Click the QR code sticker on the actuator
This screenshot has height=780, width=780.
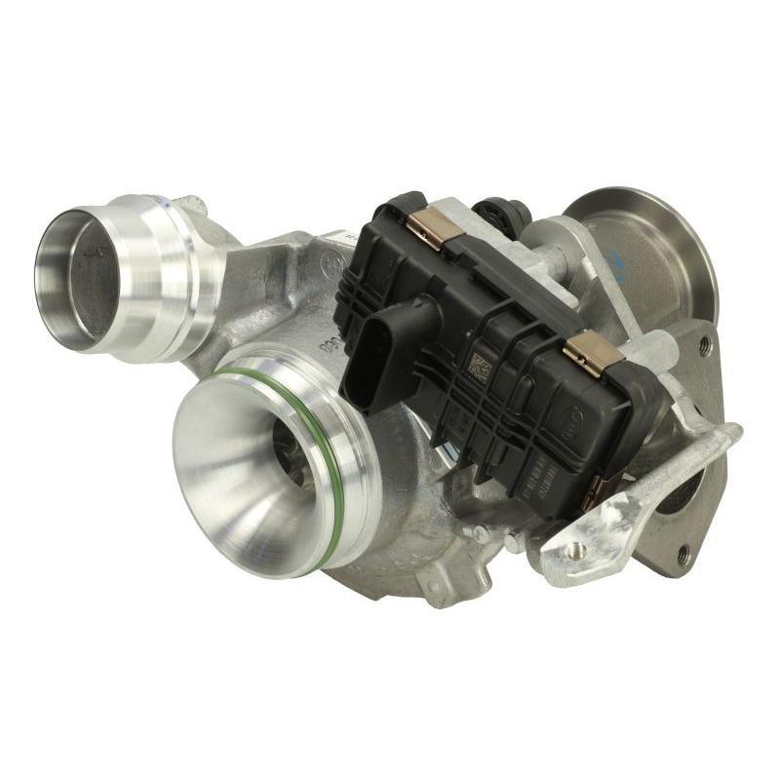coord(483,371)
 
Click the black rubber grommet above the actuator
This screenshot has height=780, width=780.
coord(503,210)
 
